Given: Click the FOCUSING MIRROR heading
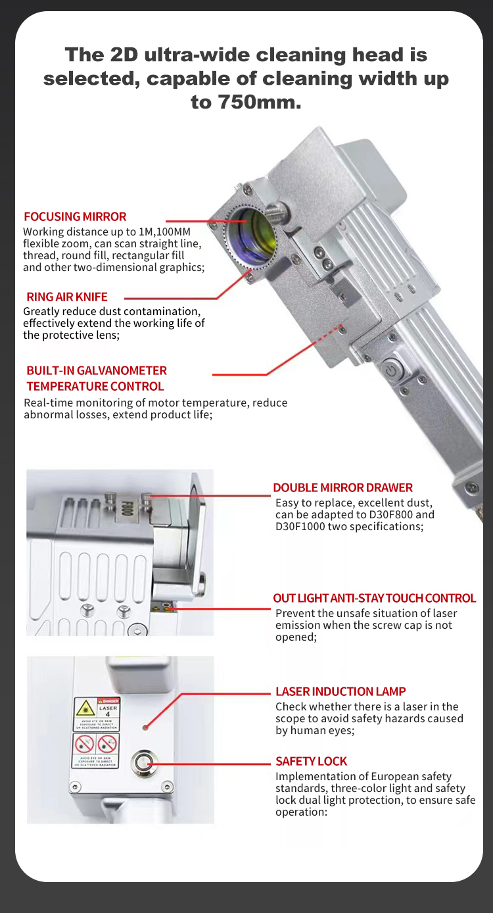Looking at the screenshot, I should pyautogui.click(x=75, y=216).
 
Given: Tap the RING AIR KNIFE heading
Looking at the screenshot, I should pyautogui.click(x=67, y=297).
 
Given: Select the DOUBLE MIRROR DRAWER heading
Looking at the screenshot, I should pyautogui.click(x=342, y=487).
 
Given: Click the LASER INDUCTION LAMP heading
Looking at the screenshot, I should pyautogui.click(x=340, y=691).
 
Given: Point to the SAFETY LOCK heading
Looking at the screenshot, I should pyautogui.click(x=311, y=761).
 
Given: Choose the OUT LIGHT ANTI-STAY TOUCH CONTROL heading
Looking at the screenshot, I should pyautogui.click(x=374, y=598).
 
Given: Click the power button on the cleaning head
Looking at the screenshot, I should pyautogui.click(x=392, y=370).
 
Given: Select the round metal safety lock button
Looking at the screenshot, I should pyautogui.click(x=145, y=763).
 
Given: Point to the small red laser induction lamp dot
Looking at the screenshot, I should pyautogui.click(x=145, y=728).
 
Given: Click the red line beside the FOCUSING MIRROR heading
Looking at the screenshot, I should pyautogui.click(x=191, y=221).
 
